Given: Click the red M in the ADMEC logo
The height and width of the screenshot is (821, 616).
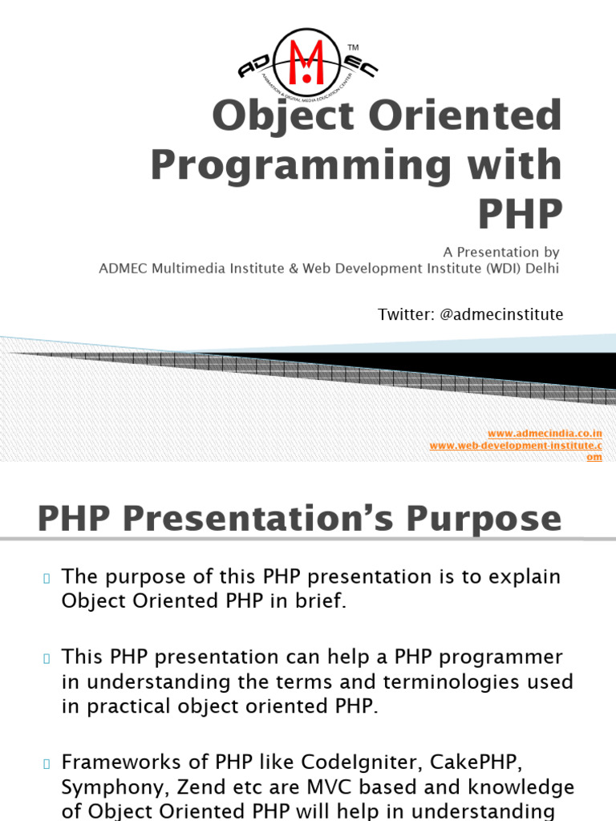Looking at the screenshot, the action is coord(306,62).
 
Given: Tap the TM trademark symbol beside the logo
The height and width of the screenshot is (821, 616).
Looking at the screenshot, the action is coord(353,47).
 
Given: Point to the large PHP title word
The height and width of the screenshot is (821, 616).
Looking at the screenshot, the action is coord(520,213).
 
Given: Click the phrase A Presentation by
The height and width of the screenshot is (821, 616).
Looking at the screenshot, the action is coord(501,252).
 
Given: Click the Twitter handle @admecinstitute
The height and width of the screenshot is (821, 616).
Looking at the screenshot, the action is coord(501,314).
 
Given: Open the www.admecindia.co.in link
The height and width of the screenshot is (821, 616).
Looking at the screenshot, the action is coord(545,434).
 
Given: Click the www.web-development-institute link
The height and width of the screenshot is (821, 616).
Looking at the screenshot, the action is coord(516,446).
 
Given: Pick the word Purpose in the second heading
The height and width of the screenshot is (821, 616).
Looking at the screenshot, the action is coord(484,519).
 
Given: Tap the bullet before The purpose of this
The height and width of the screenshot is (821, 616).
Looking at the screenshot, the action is coord(47,578).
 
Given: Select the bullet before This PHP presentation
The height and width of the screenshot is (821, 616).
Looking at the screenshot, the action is coord(47,658).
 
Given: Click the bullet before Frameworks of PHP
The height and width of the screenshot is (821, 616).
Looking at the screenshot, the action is coord(47,763).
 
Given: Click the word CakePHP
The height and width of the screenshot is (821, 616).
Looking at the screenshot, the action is coord(476,762).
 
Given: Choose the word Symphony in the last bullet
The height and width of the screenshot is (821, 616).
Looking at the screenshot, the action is coord(115,787).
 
